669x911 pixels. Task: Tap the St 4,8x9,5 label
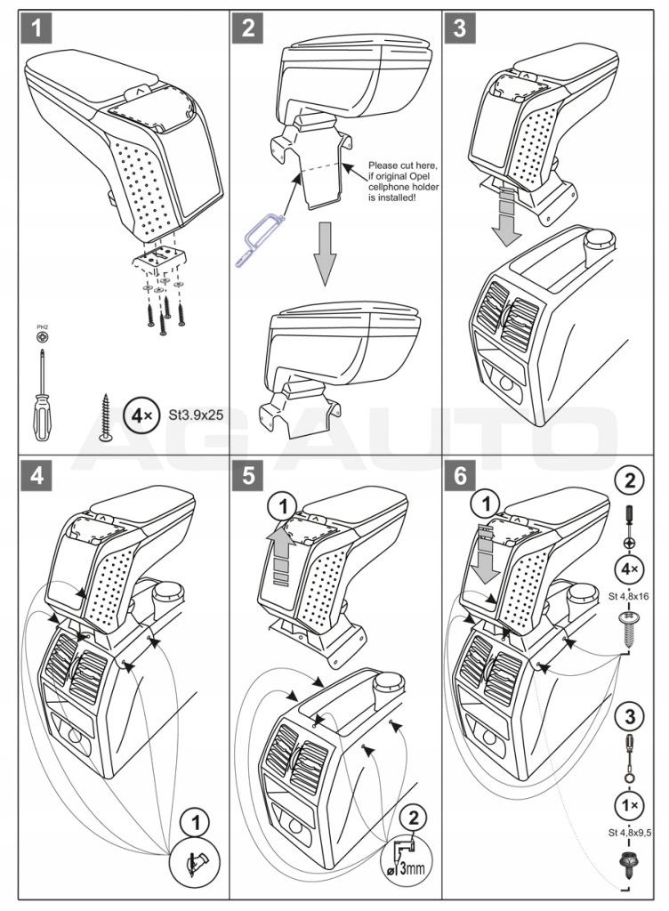629,832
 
